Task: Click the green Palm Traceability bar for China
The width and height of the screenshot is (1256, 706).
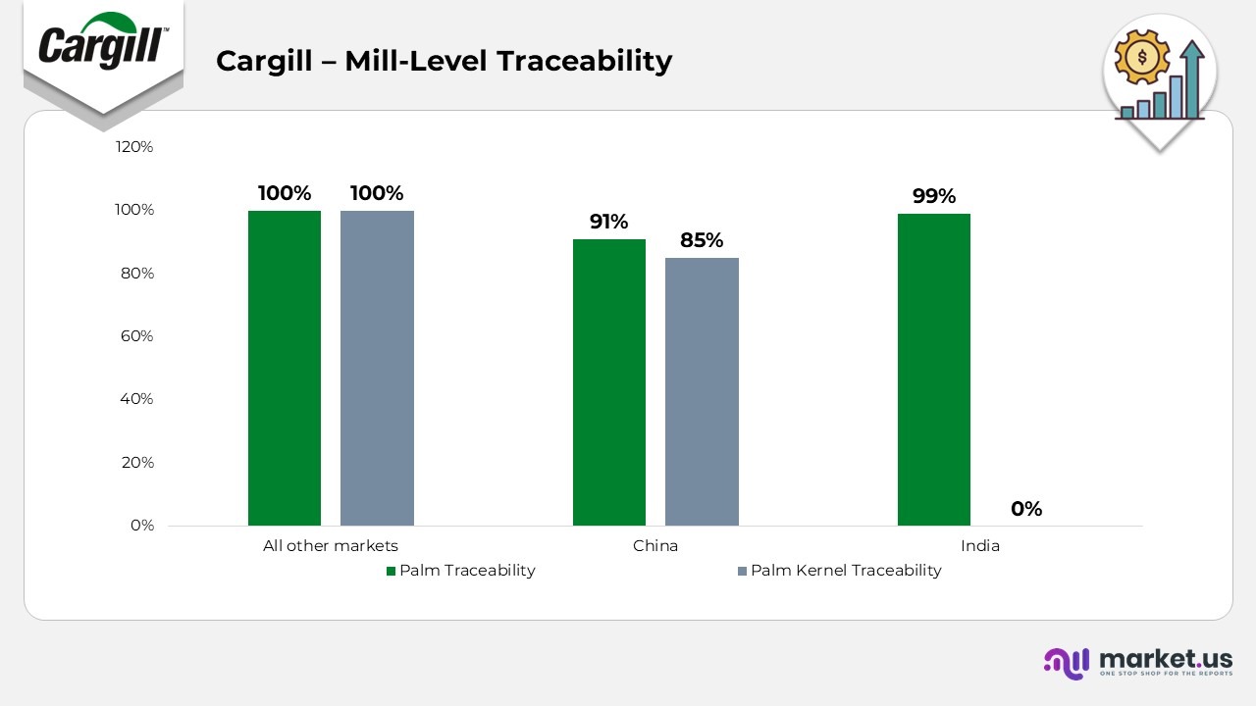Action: pos(609,382)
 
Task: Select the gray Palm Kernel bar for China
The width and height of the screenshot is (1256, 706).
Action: pos(702,391)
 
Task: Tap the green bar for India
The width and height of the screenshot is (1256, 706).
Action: pos(934,370)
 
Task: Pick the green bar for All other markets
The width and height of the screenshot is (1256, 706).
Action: pos(285,368)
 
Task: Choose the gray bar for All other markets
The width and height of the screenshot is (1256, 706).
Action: pos(377,368)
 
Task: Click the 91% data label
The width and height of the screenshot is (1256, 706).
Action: pos(608,222)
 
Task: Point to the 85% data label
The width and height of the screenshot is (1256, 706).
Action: pos(702,240)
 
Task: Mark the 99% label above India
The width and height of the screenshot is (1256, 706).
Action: pos(934,196)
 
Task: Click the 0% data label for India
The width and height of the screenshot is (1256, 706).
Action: pos(1026,509)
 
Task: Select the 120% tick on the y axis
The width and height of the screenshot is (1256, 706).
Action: pos(134,147)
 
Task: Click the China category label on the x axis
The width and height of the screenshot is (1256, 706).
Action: pos(655,546)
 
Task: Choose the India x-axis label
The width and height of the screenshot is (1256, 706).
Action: pos(980,546)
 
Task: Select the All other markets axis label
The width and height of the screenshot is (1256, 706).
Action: pos(331,546)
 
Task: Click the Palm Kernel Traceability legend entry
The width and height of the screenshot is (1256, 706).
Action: pos(845,571)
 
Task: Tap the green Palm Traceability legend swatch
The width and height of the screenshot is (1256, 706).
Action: pos(391,571)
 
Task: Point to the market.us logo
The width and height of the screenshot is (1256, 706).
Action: pos(1138,662)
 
